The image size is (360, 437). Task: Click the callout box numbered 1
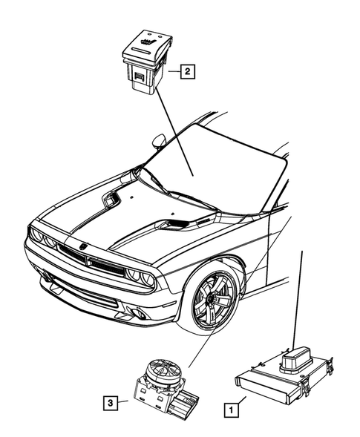pyautogui.click(x=232, y=407)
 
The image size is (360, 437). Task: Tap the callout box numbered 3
pyautogui.click(x=111, y=403)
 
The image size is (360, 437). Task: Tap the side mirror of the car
pyautogui.click(x=159, y=140)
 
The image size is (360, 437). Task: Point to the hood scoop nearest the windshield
pyautogui.click(x=176, y=223)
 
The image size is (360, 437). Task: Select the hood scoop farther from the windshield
pyautogui.click(x=112, y=198)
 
